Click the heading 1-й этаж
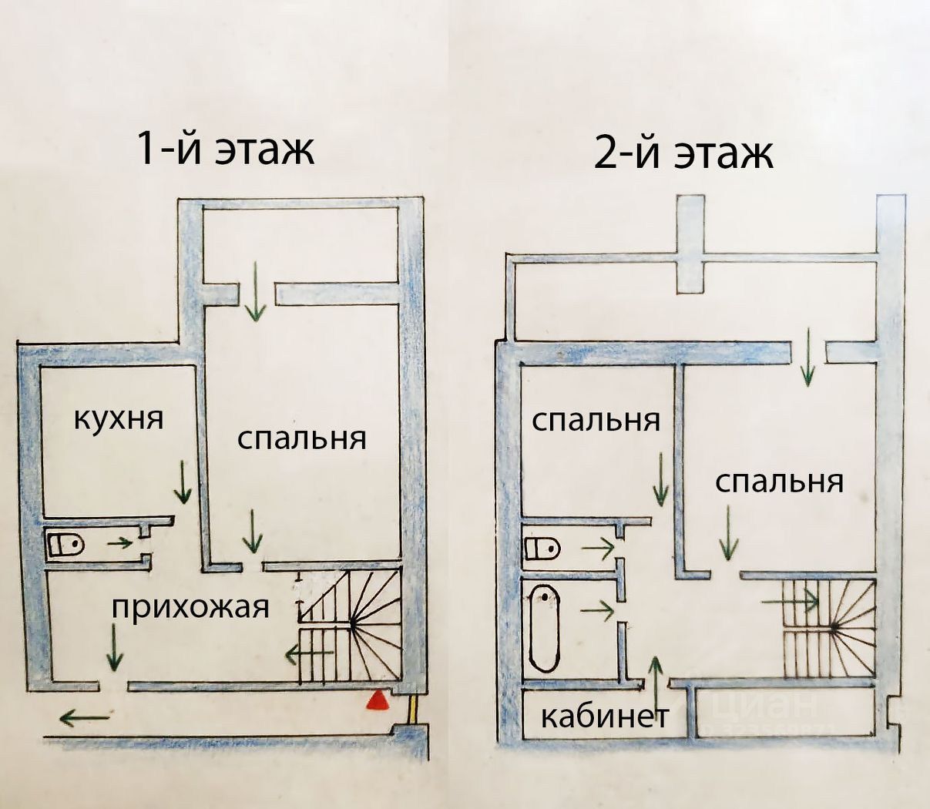tap(225, 148)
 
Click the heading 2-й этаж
tap(683, 153)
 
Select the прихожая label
tap(191, 607)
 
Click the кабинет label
tap(603, 717)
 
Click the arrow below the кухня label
tap(183, 482)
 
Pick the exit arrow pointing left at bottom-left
tap(84, 719)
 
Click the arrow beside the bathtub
tap(597, 611)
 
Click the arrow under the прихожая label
tap(115, 647)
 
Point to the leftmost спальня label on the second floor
tap(596, 421)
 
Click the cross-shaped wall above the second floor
tap(690, 244)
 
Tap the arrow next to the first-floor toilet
tap(119, 542)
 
